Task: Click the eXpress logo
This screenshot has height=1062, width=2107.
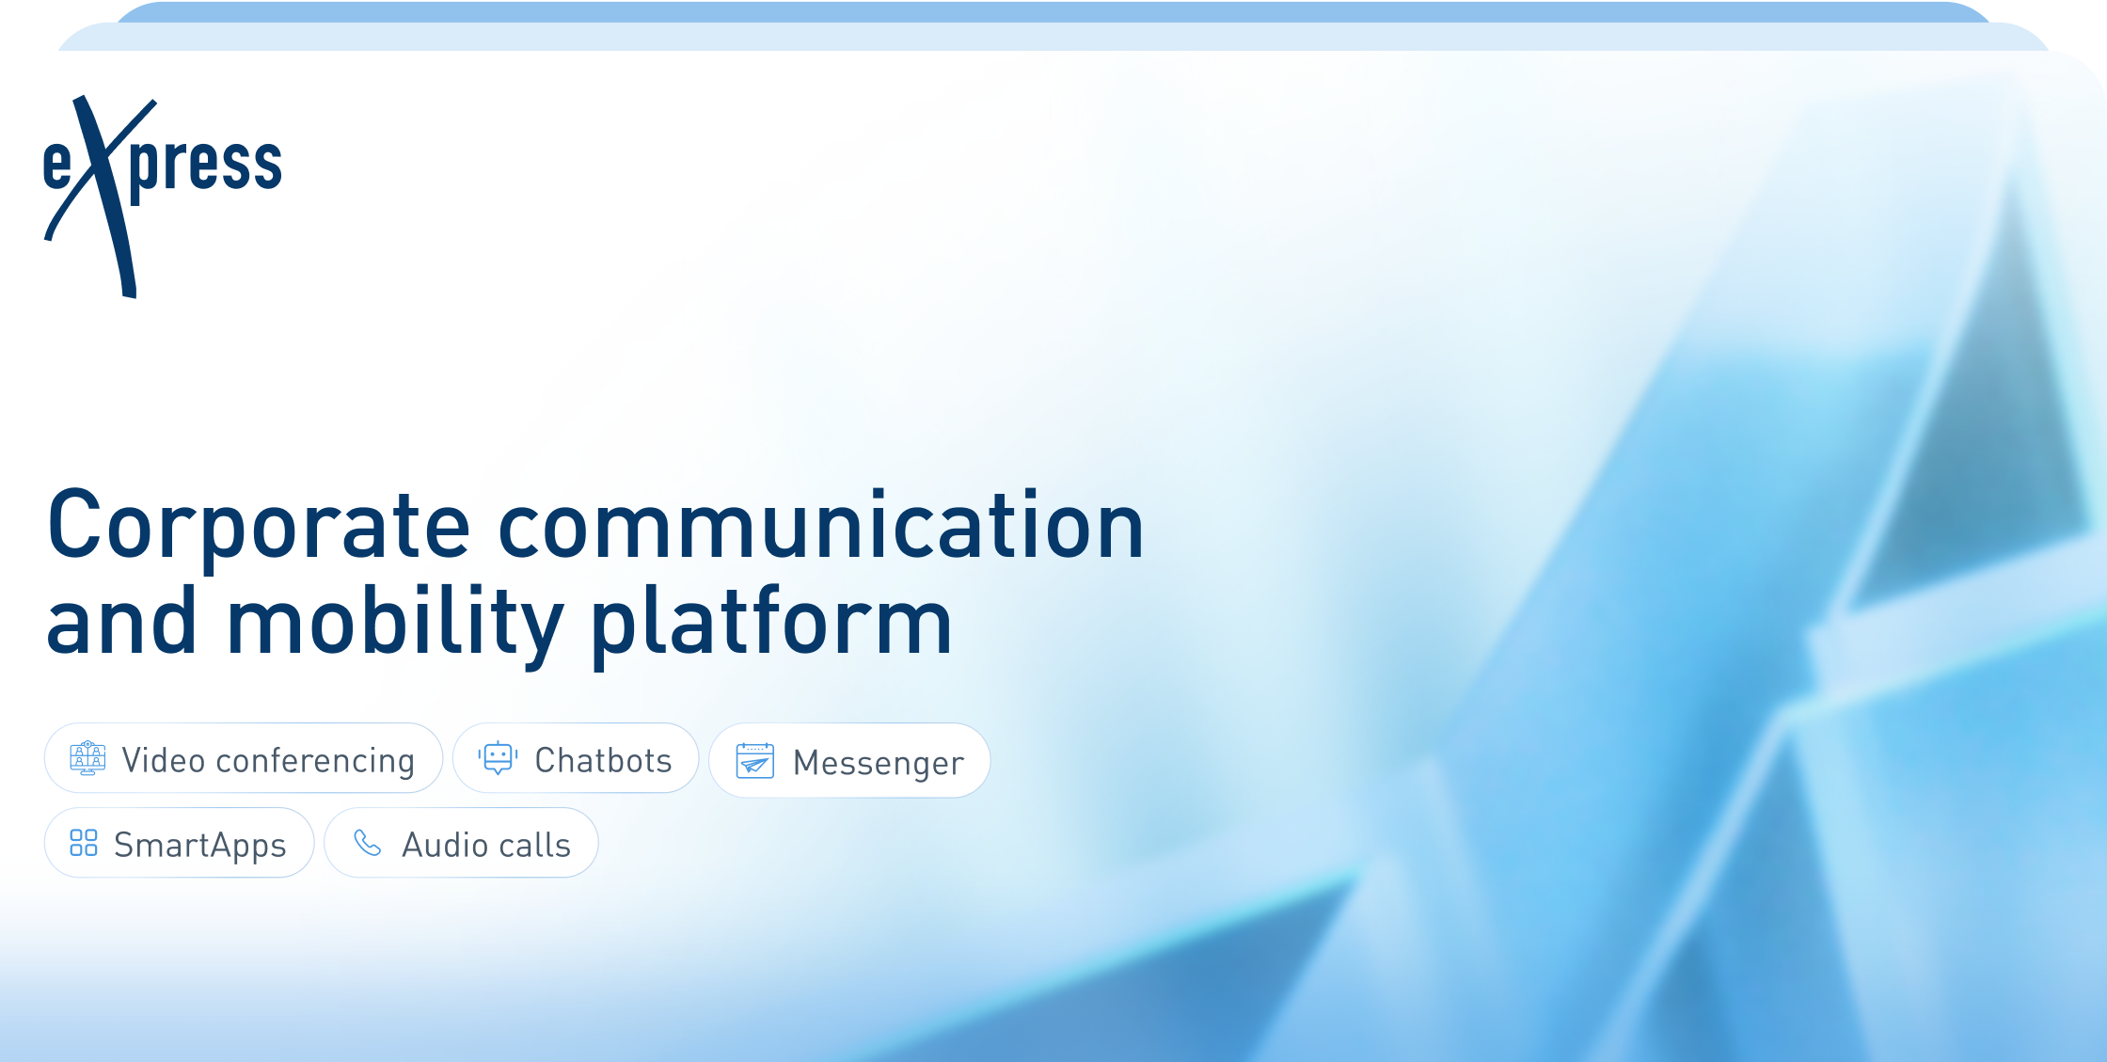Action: click(x=162, y=197)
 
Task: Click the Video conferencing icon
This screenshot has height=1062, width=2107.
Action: click(x=87, y=758)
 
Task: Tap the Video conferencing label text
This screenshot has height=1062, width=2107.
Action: click(x=268, y=760)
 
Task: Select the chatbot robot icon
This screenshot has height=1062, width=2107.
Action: click(x=498, y=758)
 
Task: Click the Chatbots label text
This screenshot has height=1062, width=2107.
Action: click(x=603, y=760)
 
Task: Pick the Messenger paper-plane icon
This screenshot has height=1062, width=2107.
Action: click(x=755, y=760)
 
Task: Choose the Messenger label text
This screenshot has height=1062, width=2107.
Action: click(x=879, y=763)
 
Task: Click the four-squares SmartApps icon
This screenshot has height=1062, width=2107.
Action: click(x=84, y=843)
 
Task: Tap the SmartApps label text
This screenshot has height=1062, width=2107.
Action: click(x=199, y=846)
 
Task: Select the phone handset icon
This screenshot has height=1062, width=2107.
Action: click(x=367, y=843)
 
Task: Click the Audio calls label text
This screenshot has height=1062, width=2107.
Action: click(x=486, y=845)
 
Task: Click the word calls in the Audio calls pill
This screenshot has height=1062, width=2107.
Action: click(x=534, y=845)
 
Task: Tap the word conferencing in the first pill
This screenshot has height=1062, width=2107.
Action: click(x=315, y=761)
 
